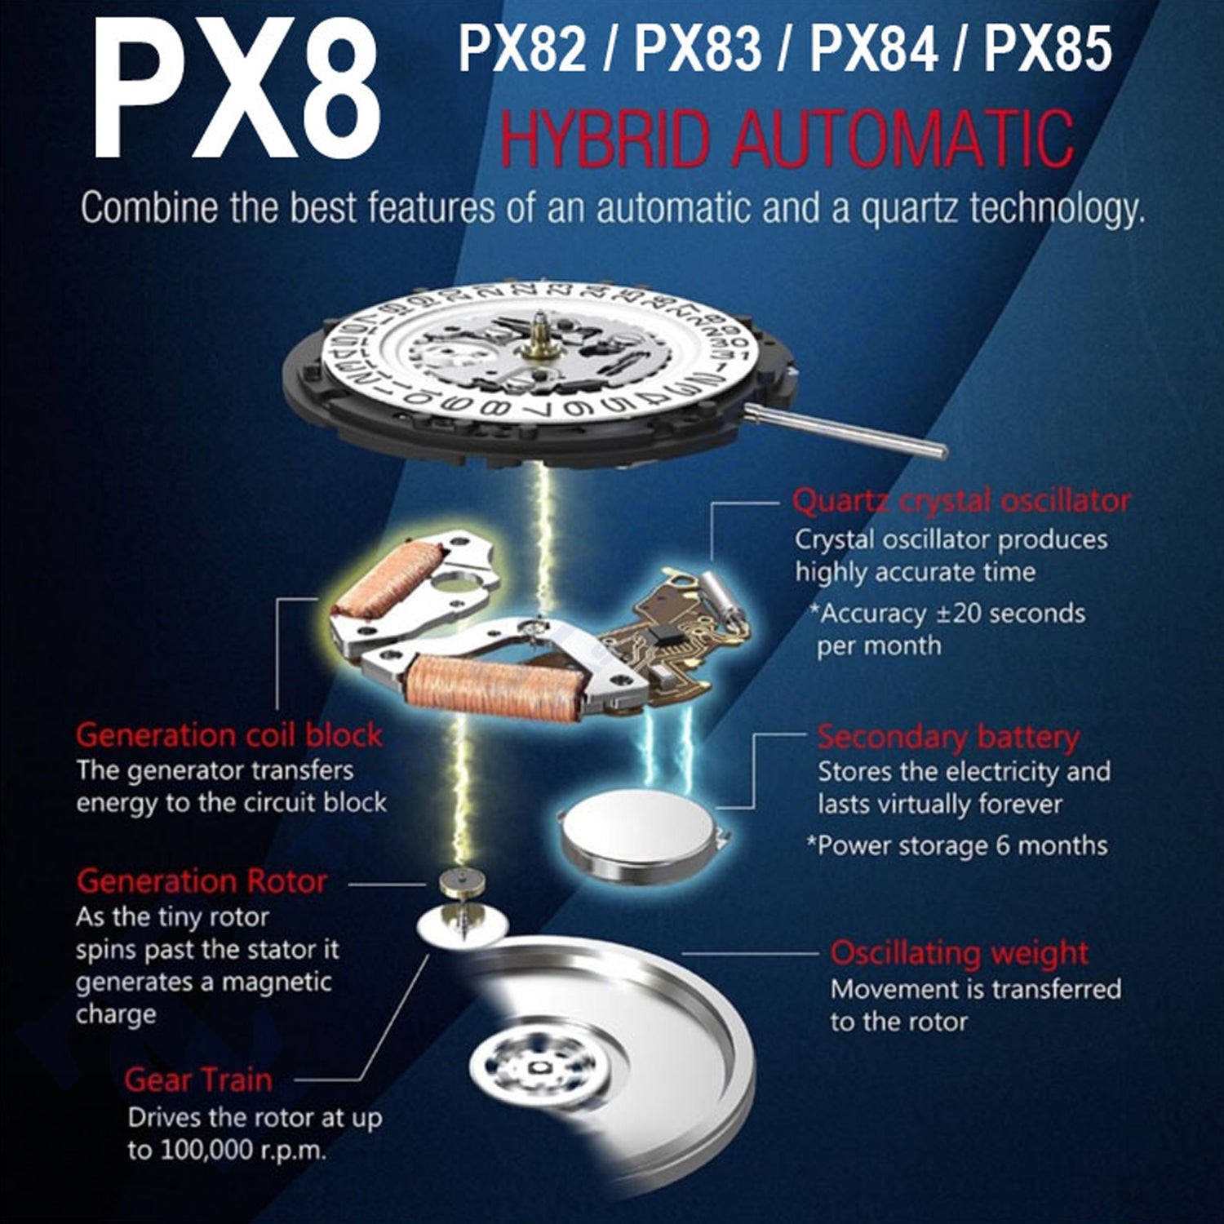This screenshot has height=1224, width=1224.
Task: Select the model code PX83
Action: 698,49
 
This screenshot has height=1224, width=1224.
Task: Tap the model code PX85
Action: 1048,49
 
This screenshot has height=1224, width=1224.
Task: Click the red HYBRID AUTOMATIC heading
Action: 787,140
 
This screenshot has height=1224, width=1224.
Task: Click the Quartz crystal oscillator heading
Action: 961,501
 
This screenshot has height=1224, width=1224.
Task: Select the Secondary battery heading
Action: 948,738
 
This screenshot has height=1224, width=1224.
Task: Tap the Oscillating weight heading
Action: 959,953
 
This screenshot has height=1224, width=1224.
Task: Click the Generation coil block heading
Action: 229,735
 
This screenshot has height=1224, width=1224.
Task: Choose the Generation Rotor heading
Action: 202,881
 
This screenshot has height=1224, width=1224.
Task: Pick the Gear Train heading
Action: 198,1080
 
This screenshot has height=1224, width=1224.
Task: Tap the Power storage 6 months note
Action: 957,845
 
